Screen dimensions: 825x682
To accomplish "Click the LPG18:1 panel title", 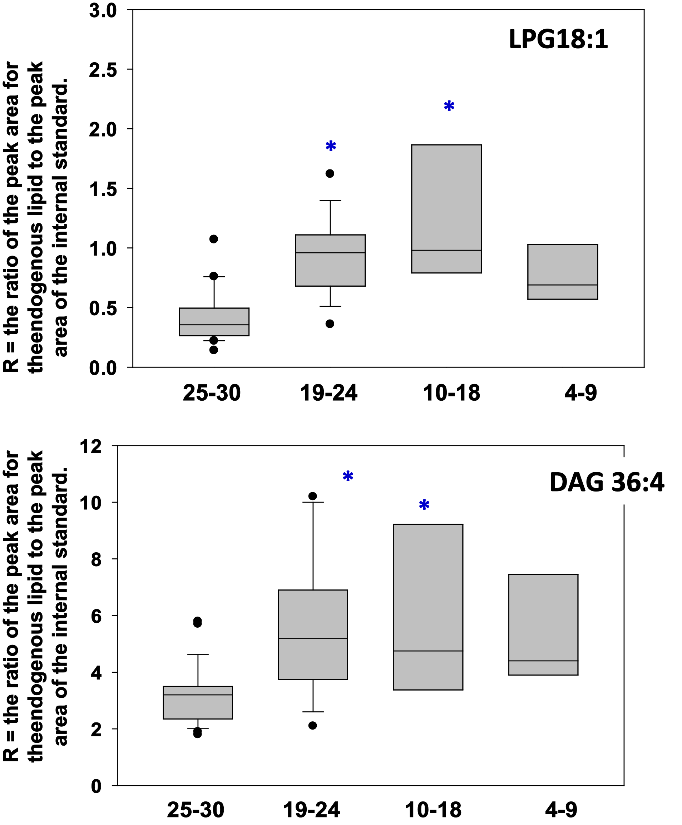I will click(x=558, y=39).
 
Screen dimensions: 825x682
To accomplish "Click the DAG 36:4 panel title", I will click(x=607, y=483).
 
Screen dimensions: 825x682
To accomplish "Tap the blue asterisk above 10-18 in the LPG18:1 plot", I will click(x=449, y=106).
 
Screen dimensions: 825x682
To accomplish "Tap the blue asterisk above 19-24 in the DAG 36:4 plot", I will click(x=348, y=476).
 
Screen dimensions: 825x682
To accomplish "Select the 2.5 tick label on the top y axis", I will click(x=103, y=70).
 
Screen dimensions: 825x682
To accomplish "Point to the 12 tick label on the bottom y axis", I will click(x=90, y=446).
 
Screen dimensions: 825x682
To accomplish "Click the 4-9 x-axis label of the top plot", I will click(x=580, y=393).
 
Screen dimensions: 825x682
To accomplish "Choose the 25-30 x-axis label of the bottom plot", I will click(x=196, y=810).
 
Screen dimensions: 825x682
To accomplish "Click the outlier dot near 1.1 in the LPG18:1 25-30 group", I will click(x=213, y=239).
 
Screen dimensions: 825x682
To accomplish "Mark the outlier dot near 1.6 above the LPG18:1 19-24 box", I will click(x=330, y=173).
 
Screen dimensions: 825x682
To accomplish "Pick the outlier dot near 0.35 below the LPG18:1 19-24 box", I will click(x=330, y=324).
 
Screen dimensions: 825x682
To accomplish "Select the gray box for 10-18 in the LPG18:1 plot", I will click(x=446, y=208).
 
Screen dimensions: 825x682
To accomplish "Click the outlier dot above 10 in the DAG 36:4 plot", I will click(x=312, y=496).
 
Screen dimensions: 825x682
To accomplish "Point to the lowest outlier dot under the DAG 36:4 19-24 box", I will click(x=312, y=726).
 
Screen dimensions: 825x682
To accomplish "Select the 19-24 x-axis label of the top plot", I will click(x=328, y=393).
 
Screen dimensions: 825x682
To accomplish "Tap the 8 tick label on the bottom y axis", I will click(x=96, y=559).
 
